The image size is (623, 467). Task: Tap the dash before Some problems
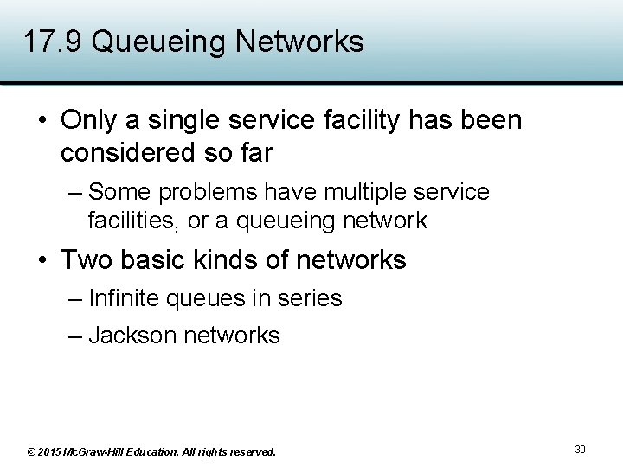pos(75,192)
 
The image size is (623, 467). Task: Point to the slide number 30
pos(580,449)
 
